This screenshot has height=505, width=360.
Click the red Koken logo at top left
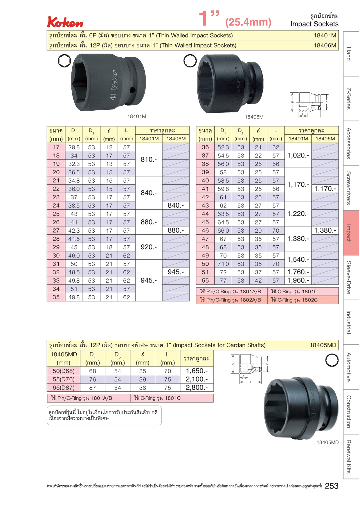pos(65,22)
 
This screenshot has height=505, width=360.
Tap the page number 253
pos(332,486)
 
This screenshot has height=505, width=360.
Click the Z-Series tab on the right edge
pos(351,98)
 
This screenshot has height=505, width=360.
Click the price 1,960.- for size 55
pos(298,281)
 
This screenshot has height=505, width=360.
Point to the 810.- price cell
pos(149,159)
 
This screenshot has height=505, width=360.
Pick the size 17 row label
pos(56,147)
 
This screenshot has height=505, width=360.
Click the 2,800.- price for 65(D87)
pos(197,387)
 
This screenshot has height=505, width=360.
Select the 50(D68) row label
pos(64,371)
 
